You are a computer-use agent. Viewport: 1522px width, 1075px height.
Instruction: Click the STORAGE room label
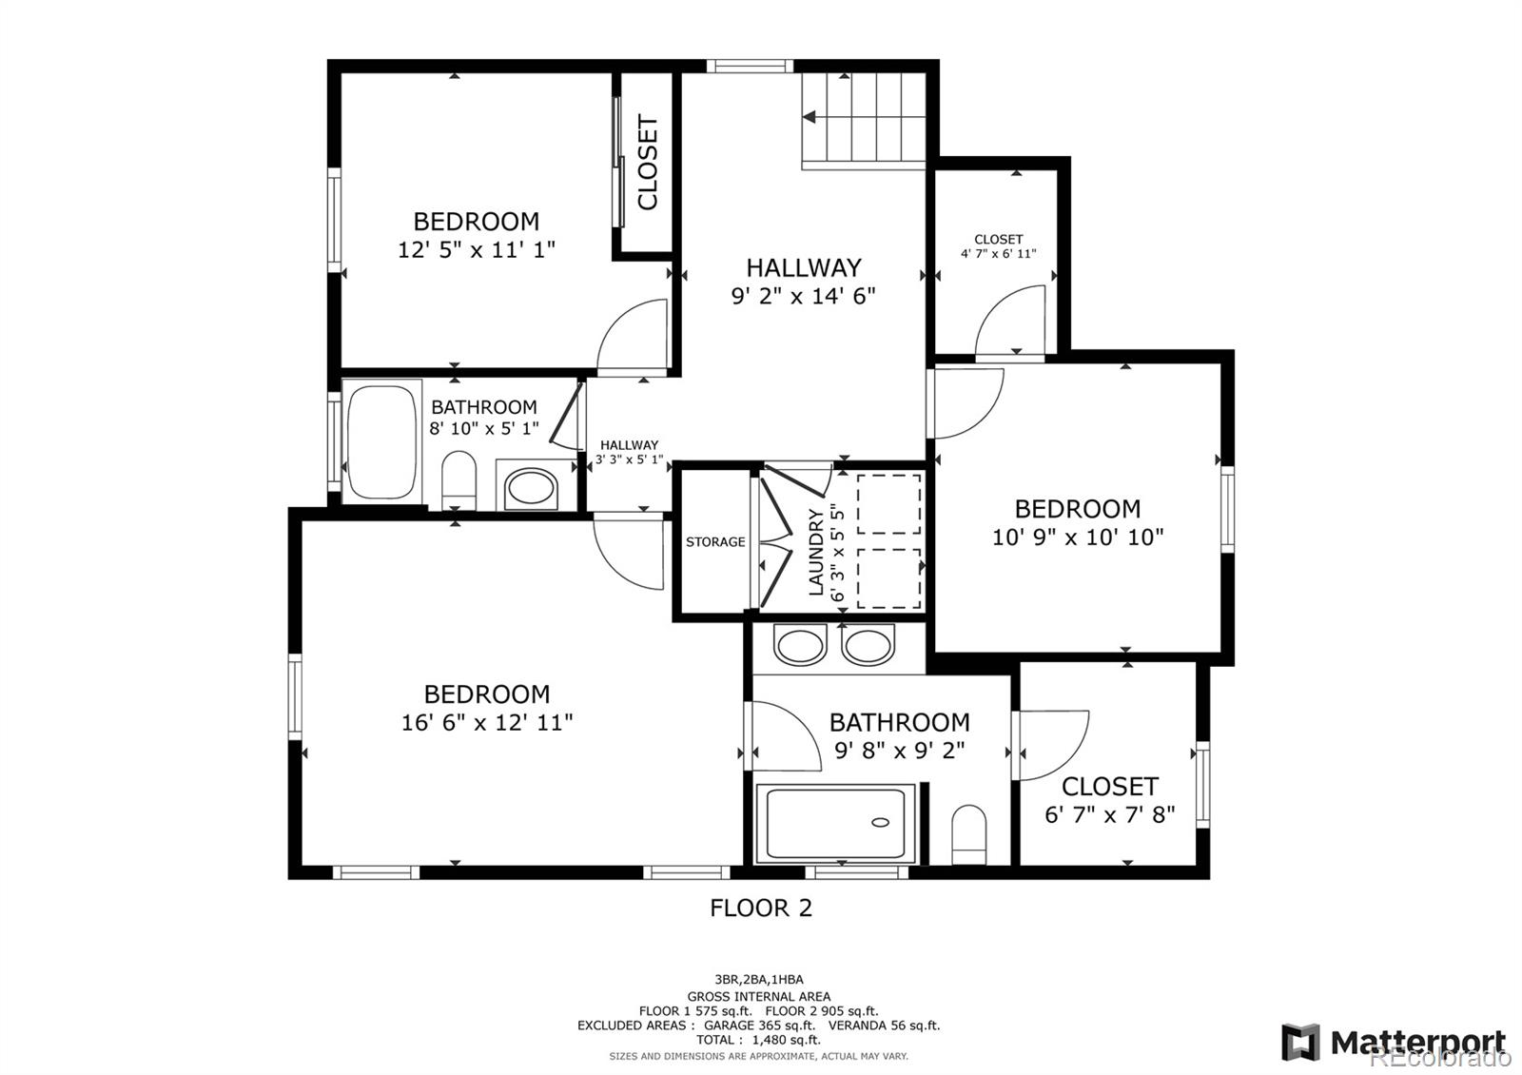(715, 542)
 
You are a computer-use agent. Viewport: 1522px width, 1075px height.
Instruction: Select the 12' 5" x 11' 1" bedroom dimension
(476, 250)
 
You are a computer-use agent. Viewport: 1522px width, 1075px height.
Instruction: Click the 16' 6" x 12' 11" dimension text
(487, 723)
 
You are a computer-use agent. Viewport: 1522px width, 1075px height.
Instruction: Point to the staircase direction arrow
(810, 117)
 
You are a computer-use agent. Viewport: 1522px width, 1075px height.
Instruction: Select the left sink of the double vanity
(799, 646)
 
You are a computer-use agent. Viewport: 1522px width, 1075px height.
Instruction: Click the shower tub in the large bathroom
(835, 823)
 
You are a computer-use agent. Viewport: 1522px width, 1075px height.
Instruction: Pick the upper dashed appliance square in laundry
(888, 502)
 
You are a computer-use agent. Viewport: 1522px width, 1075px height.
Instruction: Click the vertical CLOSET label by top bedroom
(648, 163)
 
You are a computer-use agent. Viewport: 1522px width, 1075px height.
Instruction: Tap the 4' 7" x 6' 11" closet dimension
(998, 254)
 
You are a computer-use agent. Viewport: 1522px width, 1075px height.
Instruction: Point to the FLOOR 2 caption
(761, 909)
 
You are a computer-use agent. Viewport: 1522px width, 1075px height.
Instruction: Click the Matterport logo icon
(1300, 1042)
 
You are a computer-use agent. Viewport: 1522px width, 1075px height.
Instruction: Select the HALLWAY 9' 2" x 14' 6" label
(803, 282)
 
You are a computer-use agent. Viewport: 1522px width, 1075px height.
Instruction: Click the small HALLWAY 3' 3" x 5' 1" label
(629, 452)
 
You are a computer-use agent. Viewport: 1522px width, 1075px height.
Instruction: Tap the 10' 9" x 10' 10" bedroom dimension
(1078, 537)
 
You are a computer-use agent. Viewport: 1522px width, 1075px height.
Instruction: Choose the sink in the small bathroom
(531, 488)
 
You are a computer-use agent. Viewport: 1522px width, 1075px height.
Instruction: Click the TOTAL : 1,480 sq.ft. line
(759, 1040)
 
